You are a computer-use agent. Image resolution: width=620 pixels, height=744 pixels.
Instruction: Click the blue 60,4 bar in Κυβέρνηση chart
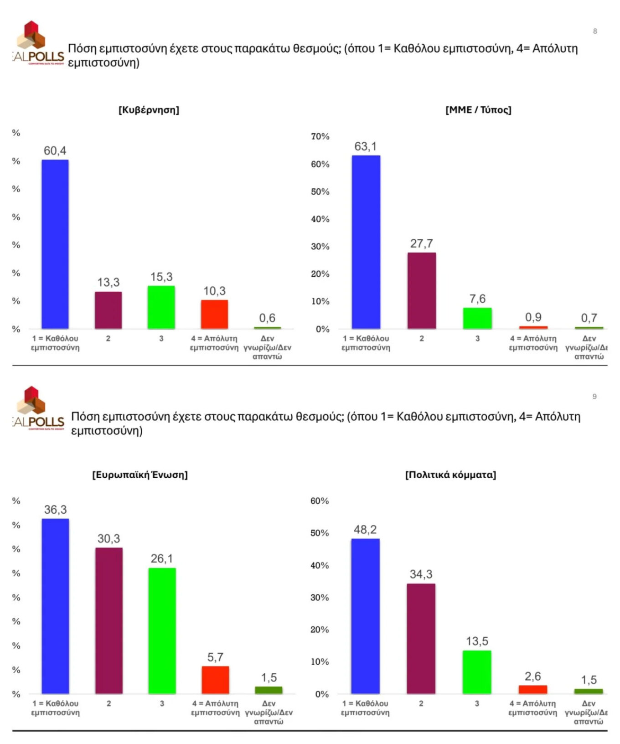click(x=55, y=244)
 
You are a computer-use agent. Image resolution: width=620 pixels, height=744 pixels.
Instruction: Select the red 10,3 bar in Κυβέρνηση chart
click(x=214, y=314)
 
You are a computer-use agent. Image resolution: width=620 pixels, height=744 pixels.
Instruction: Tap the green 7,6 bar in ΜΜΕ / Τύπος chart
click(x=477, y=318)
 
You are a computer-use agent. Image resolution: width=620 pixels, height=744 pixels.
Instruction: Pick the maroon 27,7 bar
click(x=421, y=290)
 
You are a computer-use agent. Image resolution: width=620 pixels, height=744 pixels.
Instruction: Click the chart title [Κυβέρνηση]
click(x=149, y=110)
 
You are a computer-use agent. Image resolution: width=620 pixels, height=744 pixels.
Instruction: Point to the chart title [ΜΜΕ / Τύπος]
click(x=478, y=110)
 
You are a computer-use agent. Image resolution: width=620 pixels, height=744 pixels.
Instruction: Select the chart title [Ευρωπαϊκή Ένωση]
click(x=140, y=475)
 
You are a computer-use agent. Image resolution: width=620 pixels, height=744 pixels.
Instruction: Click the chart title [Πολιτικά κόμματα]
click(x=450, y=475)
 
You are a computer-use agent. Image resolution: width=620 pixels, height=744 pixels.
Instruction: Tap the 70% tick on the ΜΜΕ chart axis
click(x=320, y=136)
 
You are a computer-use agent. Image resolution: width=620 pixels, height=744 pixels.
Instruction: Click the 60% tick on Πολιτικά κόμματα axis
click(x=320, y=501)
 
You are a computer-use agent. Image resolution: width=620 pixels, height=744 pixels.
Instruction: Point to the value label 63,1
click(x=366, y=146)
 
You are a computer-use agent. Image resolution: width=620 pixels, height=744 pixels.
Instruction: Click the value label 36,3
click(x=55, y=510)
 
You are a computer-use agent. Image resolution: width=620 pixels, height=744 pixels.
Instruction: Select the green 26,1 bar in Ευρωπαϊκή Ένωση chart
click(x=162, y=630)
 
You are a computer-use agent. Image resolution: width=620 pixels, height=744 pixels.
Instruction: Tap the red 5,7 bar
click(x=215, y=680)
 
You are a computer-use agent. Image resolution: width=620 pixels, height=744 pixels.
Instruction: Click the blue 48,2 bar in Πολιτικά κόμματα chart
click(x=365, y=616)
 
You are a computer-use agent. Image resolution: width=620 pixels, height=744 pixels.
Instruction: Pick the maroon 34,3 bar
click(x=421, y=638)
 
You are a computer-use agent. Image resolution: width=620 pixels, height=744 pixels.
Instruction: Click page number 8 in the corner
click(x=595, y=31)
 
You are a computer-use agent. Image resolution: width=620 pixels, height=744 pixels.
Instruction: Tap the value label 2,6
click(x=532, y=676)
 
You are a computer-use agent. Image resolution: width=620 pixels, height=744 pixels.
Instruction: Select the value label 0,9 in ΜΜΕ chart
click(x=533, y=317)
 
